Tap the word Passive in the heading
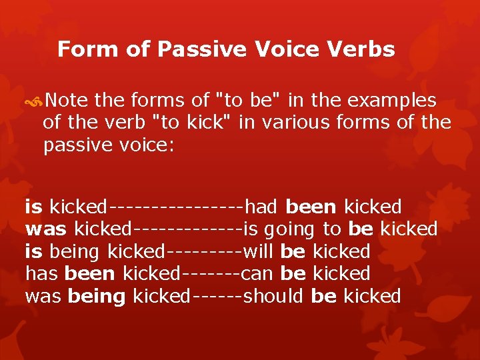[x=195, y=49]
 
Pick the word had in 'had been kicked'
[x=262, y=207]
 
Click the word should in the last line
[x=274, y=296]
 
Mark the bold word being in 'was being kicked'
[x=97, y=297]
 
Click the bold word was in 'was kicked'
[x=46, y=229]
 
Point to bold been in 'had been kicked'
[x=313, y=207]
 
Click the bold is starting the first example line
[x=34, y=207]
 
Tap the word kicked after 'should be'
[x=371, y=296]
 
